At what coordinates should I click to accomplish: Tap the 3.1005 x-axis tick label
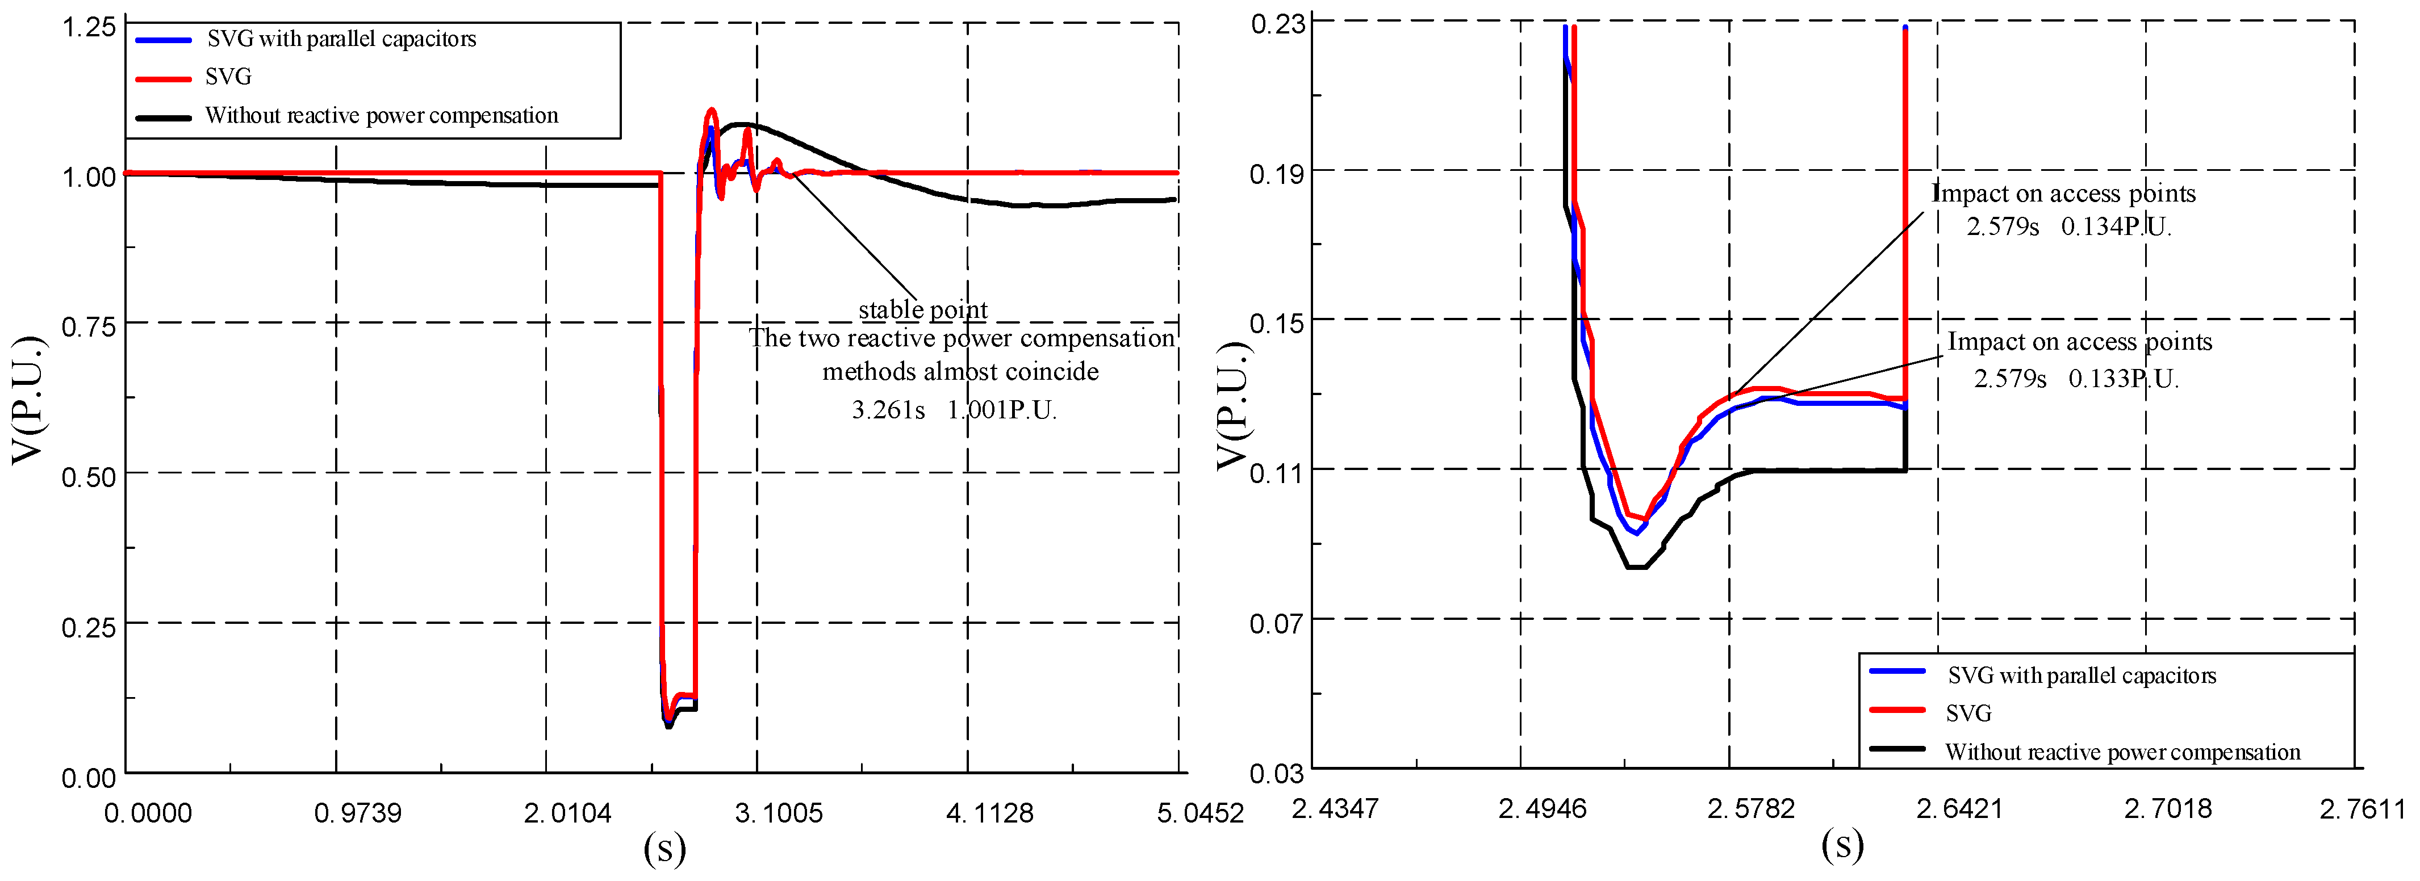(778, 812)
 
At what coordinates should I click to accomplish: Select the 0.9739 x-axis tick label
(357, 812)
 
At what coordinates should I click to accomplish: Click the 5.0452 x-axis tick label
(1199, 812)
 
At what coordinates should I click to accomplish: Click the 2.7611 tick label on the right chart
(2362, 808)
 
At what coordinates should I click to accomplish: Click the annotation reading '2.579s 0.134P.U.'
(2068, 226)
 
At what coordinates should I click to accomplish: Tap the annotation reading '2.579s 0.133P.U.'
(2075, 379)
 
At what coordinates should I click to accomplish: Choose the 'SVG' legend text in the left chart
(228, 77)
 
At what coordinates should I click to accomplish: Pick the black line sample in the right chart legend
(1897, 749)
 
